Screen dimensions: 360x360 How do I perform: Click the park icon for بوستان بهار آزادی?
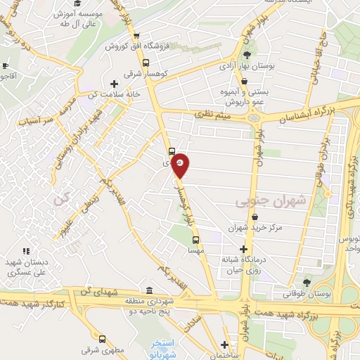pos(246,56)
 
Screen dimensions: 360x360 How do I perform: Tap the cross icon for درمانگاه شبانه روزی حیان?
pos(243,249)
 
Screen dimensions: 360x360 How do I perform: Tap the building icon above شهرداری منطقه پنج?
pos(149,290)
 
